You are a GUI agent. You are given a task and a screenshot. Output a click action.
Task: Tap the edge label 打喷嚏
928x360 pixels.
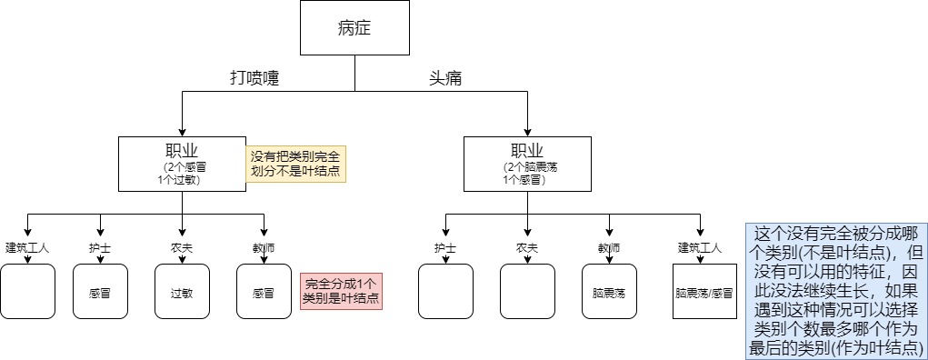point(254,79)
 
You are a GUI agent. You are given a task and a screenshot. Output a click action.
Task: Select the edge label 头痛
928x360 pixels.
point(445,79)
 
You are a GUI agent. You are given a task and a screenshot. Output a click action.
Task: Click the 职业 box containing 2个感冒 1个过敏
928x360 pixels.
point(182,164)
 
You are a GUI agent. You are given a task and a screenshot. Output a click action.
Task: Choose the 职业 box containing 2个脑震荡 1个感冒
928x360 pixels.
point(527,164)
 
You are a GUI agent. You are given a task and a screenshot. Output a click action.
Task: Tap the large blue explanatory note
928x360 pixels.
point(835,290)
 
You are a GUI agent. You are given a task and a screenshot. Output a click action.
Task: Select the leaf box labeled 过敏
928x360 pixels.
point(182,292)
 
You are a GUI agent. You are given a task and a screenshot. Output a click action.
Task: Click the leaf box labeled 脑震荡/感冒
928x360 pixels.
point(700,292)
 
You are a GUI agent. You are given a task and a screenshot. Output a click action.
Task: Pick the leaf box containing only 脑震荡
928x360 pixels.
point(609,292)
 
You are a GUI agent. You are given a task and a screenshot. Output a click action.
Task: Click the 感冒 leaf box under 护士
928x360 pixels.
point(100,292)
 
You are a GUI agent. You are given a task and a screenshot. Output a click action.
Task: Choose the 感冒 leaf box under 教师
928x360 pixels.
point(264,292)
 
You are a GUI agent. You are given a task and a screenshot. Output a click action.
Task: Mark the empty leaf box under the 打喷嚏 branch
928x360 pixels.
point(28,292)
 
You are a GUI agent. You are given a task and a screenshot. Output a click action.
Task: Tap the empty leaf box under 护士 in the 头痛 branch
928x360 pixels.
point(445,292)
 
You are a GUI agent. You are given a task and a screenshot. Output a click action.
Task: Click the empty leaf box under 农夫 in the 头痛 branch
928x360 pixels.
point(527,292)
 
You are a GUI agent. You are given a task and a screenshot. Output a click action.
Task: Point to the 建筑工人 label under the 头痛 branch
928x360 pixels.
point(700,247)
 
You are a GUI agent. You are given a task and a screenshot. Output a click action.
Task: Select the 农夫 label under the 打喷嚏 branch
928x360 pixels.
point(182,247)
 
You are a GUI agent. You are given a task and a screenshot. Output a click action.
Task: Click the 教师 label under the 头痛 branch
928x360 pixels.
point(609,247)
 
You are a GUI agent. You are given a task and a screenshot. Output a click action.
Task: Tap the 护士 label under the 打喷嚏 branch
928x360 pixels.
point(100,247)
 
